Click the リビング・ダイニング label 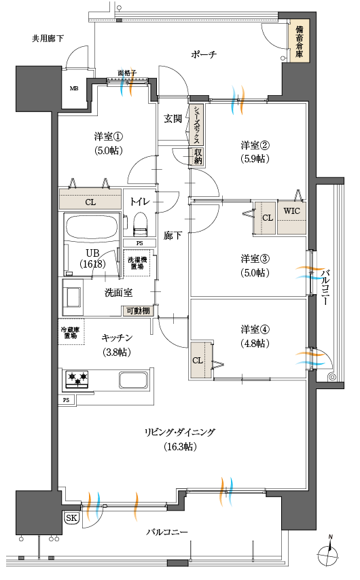179,432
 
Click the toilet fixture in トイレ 141,223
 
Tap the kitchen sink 133,380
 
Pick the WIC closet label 291,211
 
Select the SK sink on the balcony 72,518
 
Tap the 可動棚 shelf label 138,312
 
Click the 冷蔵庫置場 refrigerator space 71,332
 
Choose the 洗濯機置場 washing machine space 137,264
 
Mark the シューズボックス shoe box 196,124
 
